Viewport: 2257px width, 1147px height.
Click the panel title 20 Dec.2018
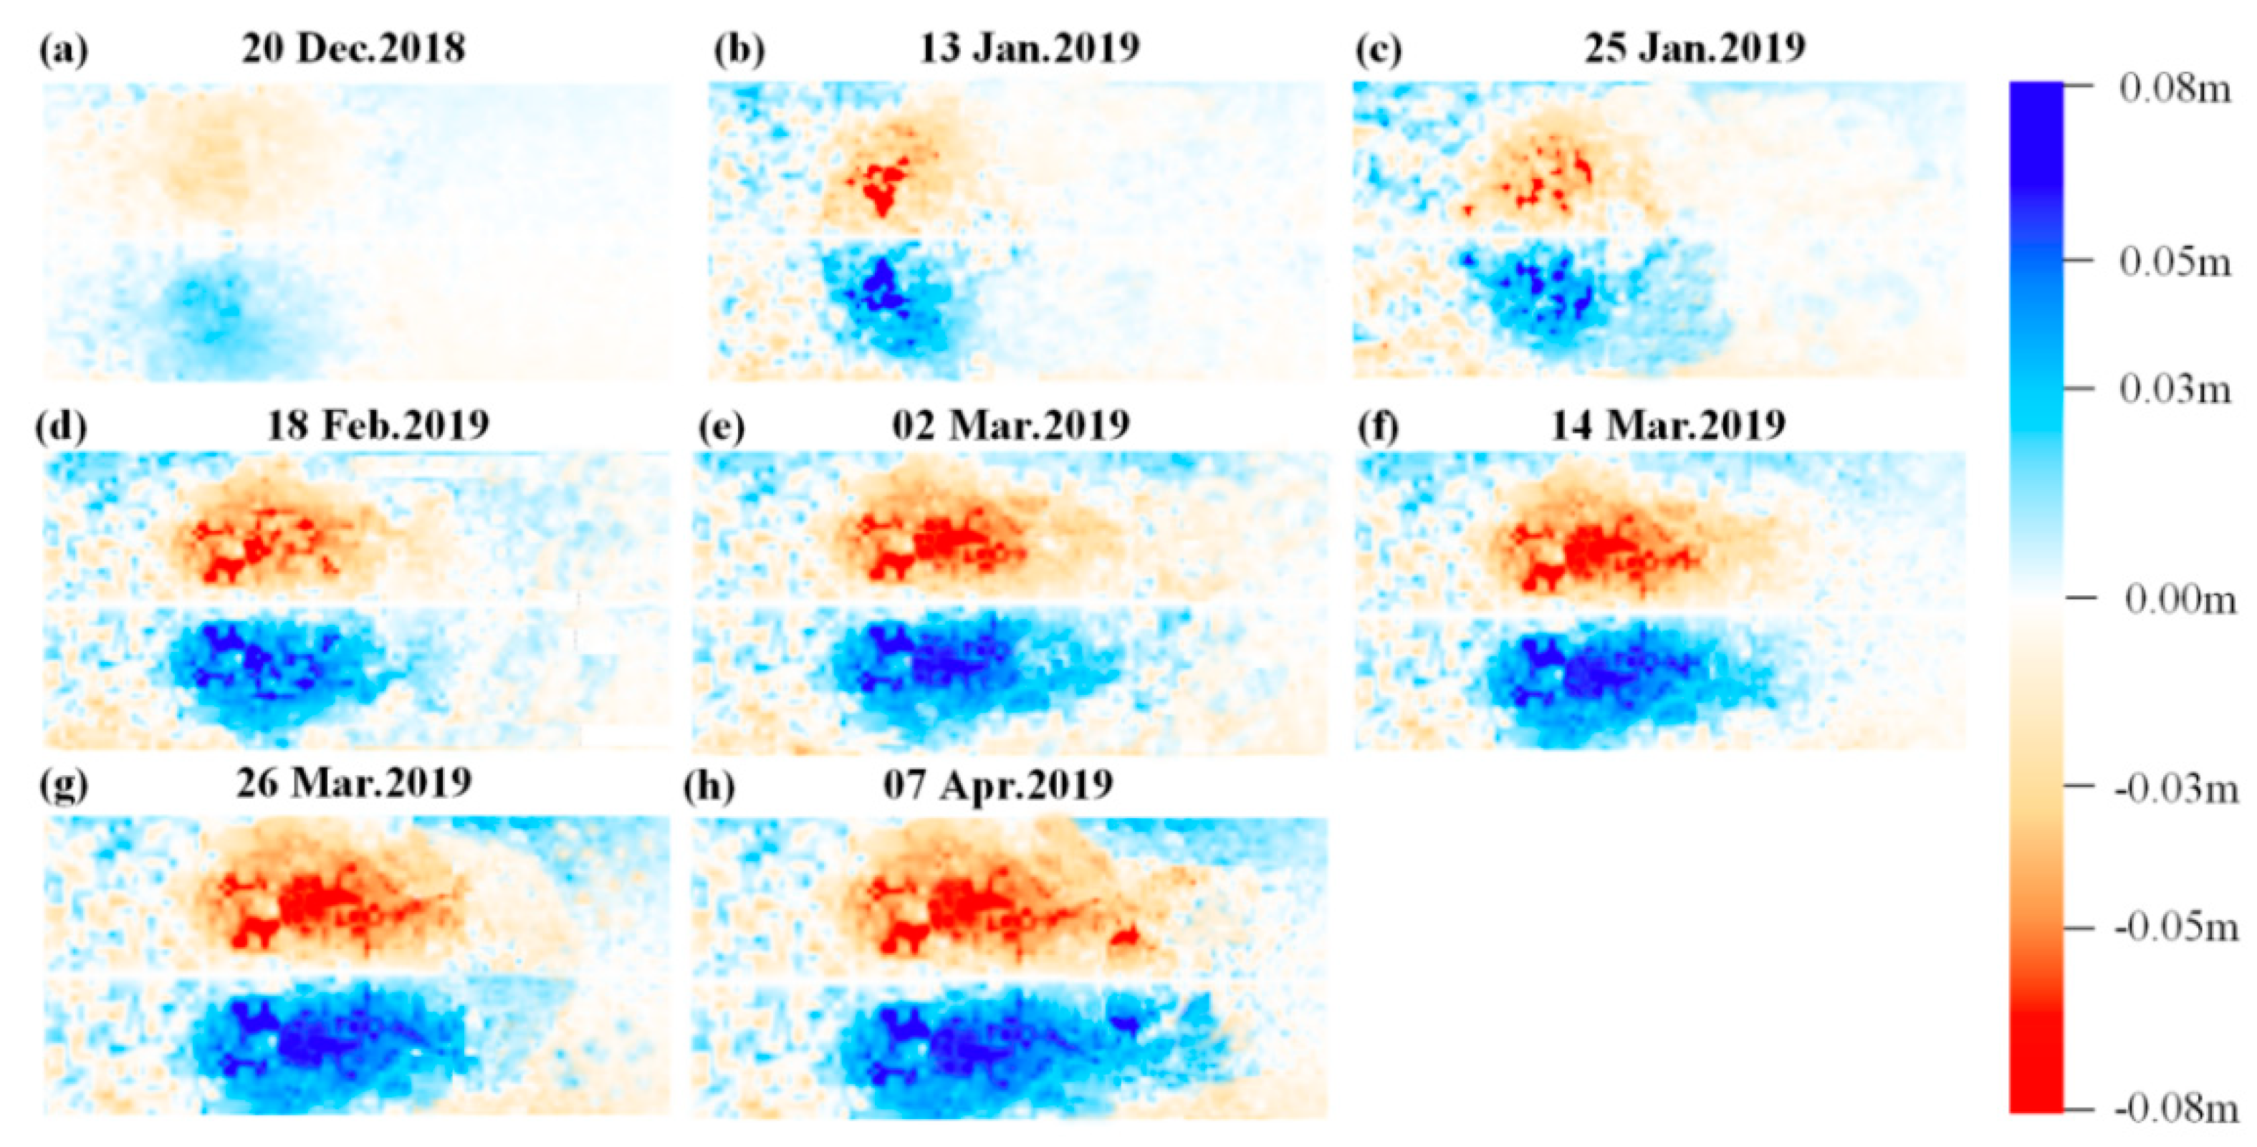353,48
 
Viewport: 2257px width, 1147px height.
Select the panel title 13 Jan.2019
1029,48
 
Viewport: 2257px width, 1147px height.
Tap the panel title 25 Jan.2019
1695,48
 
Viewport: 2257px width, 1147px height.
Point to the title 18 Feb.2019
378,426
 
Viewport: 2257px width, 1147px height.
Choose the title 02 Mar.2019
1011,426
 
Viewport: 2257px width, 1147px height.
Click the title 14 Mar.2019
1668,426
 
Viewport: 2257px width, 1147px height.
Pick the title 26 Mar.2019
354,783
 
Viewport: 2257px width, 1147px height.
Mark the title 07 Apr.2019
998,785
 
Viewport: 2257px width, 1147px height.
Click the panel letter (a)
63,51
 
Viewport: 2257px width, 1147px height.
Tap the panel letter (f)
1379,428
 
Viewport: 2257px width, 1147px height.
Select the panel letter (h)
709,787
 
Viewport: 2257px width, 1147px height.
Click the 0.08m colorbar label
2175,89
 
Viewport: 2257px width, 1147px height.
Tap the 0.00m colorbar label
2180,600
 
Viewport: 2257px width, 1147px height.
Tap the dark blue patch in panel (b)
881,284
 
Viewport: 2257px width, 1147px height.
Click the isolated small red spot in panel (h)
1125,939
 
